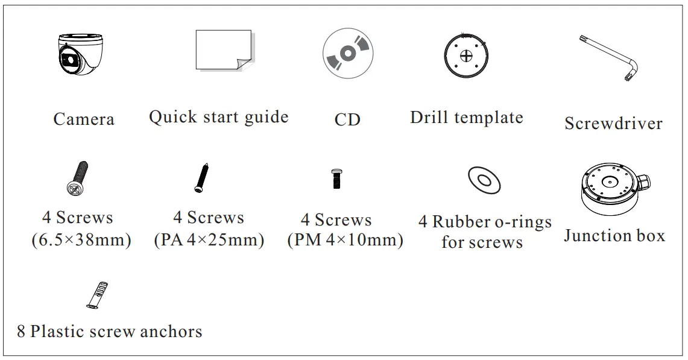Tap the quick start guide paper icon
coord(223,51)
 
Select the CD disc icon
coord(347,54)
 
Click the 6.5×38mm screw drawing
coord(78,178)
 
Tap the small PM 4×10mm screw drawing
coord(336,178)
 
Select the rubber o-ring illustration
coord(484,180)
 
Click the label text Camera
coord(84,119)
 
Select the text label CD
coord(347,119)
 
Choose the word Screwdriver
coord(613,123)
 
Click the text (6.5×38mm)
coord(81,240)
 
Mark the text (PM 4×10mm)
coord(345,240)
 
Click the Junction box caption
coord(614,235)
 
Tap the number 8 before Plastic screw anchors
coord(21,331)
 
